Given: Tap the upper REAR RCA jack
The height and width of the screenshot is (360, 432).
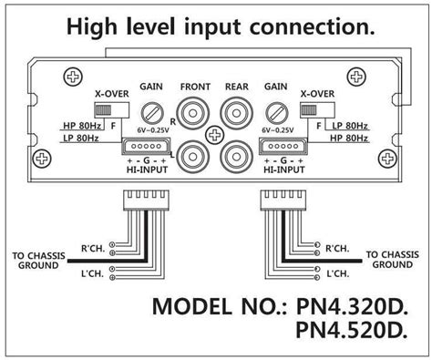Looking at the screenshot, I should [238, 116].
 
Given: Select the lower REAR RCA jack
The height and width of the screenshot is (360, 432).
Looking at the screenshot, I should [238, 156].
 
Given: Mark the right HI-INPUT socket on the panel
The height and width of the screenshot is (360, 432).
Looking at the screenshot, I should [286, 147].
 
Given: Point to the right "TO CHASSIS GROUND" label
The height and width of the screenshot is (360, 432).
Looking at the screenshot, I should [394, 260].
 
